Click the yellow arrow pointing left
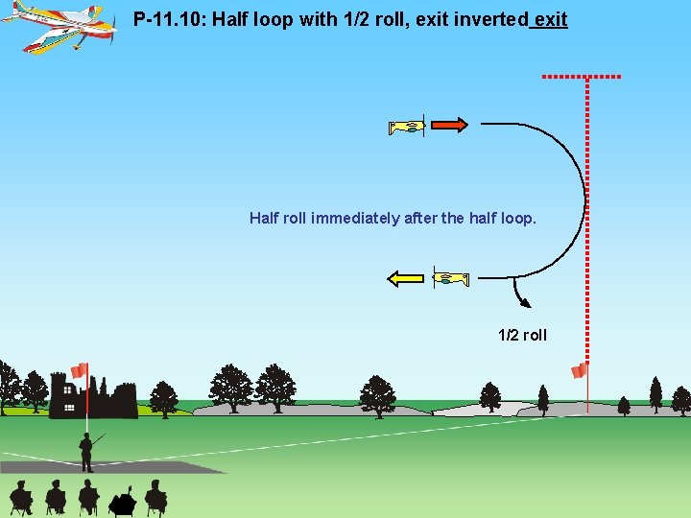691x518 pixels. (x=405, y=279)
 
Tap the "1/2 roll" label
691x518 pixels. (x=522, y=335)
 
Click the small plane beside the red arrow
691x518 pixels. (x=407, y=127)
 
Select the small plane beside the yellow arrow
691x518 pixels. (x=451, y=279)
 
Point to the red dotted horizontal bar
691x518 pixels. (x=582, y=76)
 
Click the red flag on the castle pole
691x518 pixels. (x=80, y=370)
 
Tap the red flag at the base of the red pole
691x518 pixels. (x=579, y=370)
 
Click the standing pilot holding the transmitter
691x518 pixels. (x=86, y=452)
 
